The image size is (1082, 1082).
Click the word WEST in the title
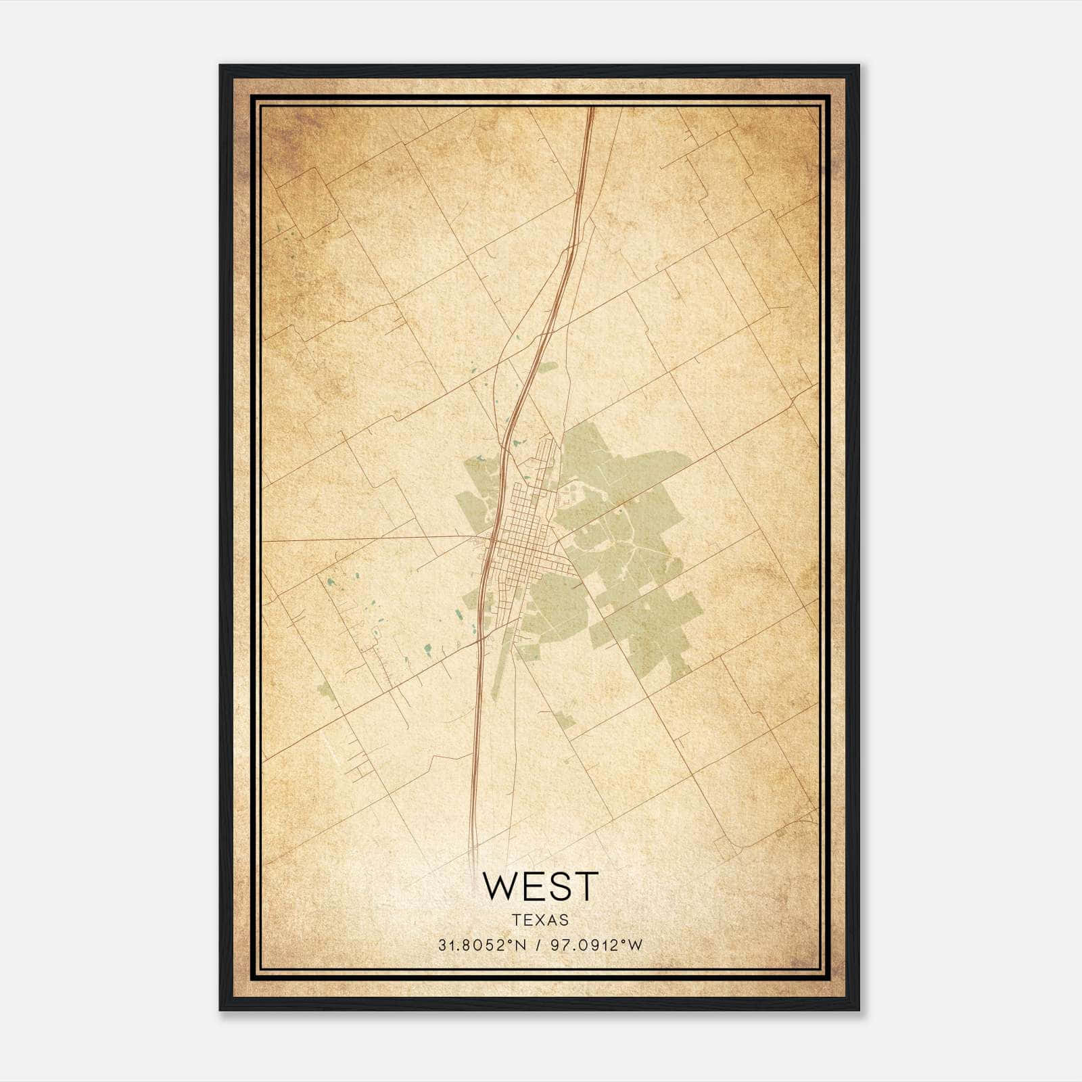tap(540, 887)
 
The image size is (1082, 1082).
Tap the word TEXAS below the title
tap(540, 920)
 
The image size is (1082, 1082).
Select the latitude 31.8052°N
tap(482, 945)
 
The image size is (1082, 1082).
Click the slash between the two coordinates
tap(539, 945)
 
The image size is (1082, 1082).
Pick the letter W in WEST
tap(499, 887)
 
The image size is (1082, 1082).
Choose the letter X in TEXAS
tap(540, 920)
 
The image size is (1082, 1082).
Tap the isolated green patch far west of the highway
tap(325, 690)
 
